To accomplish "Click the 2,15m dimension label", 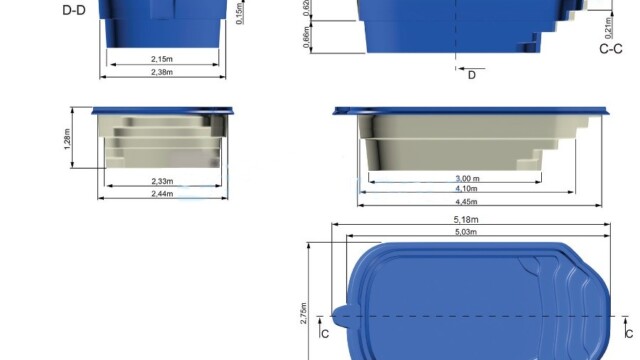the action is pyautogui.click(x=162, y=59).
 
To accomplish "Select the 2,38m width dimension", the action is pyautogui.click(x=162, y=72).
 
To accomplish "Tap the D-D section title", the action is pyautogui.click(x=74, y=11).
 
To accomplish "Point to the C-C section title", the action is pyautogui.click(x=611, y=49).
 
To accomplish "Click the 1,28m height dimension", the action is pyautogui.click(x=67, y=139).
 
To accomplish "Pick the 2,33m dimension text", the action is pyautogui.click(x=162, y=181).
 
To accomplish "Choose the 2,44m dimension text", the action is pyautogui.click(x=162, y=194).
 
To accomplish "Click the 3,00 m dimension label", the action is pyautogui.click(x=467, y=179).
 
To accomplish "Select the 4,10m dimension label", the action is pyautogui.click(x=466, y=189).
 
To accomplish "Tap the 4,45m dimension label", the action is pyautogui.click(x=466, y=202).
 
